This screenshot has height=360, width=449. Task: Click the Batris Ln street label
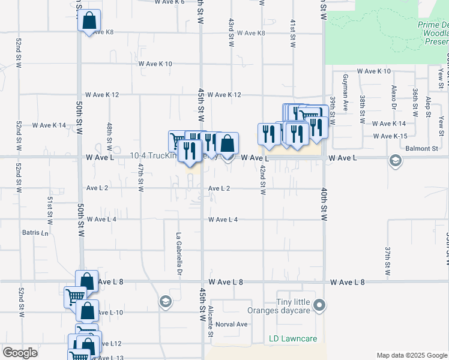35,232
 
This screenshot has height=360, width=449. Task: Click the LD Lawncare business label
293,339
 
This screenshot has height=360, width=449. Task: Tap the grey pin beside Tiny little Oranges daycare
320,306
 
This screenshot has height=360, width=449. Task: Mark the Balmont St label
422,148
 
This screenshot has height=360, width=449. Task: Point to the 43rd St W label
231,32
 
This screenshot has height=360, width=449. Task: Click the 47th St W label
140,178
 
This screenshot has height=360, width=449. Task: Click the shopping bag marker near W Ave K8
89,20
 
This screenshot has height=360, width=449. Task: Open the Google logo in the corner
20,353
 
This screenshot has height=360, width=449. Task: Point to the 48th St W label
110,137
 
